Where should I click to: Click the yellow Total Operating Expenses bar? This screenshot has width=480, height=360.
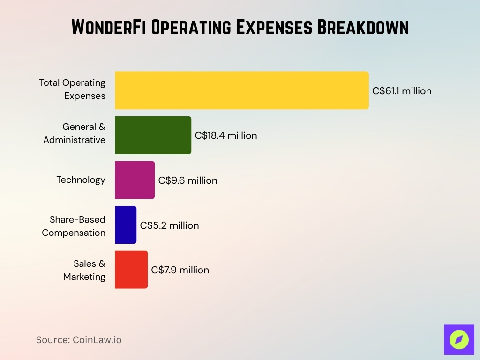(241, 90)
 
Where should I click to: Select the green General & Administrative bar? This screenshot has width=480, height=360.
(153, 135)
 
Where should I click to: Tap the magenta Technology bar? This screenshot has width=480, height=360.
(135, 180)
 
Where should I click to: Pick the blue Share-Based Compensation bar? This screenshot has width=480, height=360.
(126, 225)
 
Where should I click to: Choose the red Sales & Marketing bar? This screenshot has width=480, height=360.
(131, 270)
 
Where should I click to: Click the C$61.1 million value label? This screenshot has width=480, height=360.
(402, 91)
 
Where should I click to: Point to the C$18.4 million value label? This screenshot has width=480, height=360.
(226, 135)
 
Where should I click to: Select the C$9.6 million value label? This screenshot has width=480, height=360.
(187, 180)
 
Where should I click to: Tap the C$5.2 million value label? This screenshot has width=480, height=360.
(169, 225)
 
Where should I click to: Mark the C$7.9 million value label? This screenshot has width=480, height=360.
(180, 270)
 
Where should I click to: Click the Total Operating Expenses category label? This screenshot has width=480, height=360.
(72, 89)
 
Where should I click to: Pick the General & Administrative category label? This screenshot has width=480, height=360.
(75, 133)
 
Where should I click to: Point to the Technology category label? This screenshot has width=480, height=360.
(81, 180)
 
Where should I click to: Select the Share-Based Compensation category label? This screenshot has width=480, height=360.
(74, 226)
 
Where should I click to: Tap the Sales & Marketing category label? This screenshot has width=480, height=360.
(84, 270)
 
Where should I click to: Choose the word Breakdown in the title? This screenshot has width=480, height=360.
(363, 28)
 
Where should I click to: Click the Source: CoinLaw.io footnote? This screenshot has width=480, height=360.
(79, 340)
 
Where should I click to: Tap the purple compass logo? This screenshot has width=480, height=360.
(459, 339)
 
